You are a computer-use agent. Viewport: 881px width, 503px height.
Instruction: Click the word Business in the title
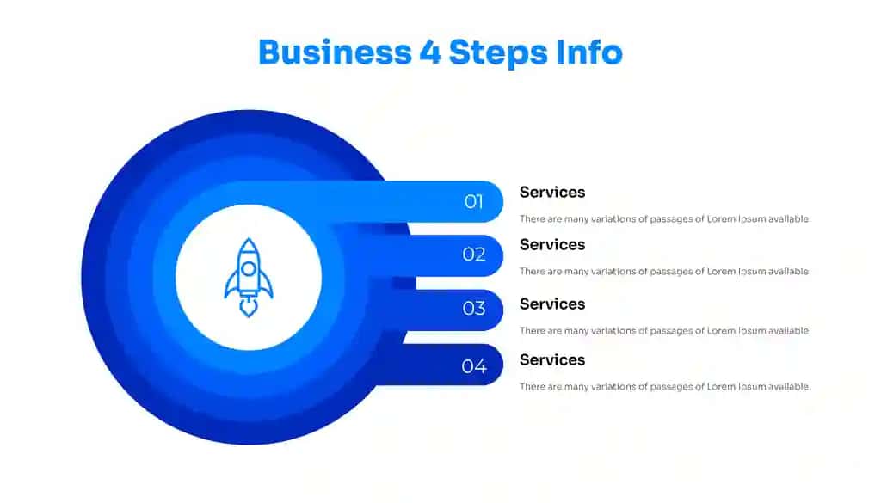point(335,52)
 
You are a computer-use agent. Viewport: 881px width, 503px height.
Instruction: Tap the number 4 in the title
point(430,52)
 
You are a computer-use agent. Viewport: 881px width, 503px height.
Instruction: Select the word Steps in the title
point(498,53)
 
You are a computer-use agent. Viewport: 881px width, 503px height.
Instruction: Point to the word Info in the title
point(588,52)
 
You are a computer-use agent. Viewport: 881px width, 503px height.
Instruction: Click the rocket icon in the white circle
point(249,278)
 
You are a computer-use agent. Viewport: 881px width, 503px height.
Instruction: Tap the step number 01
point(474,201)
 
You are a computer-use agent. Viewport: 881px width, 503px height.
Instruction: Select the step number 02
point(474,255)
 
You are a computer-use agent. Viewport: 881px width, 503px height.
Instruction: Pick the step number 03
point(474,308)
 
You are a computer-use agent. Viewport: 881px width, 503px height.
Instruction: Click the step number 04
point(474,366)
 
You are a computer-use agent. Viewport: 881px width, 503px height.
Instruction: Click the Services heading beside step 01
point(552,192)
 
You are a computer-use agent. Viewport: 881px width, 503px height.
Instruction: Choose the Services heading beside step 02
point(552,245)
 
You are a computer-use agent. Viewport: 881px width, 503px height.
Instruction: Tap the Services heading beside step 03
point(552,304)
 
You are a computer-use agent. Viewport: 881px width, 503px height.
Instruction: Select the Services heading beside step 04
point(552,360)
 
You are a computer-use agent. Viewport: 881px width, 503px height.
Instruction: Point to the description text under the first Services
point(664,219)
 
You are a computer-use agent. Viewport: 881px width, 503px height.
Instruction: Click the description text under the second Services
point(664,272)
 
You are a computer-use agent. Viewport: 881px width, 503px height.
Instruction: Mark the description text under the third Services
point(664,331)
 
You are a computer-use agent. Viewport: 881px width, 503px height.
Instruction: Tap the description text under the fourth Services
point(665,387)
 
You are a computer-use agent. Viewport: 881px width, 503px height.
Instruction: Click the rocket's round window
point(249,269)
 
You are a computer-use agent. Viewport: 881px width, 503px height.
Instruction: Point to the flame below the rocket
point(249,308)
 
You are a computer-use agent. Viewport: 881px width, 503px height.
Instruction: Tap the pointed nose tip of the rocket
point(249,239)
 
